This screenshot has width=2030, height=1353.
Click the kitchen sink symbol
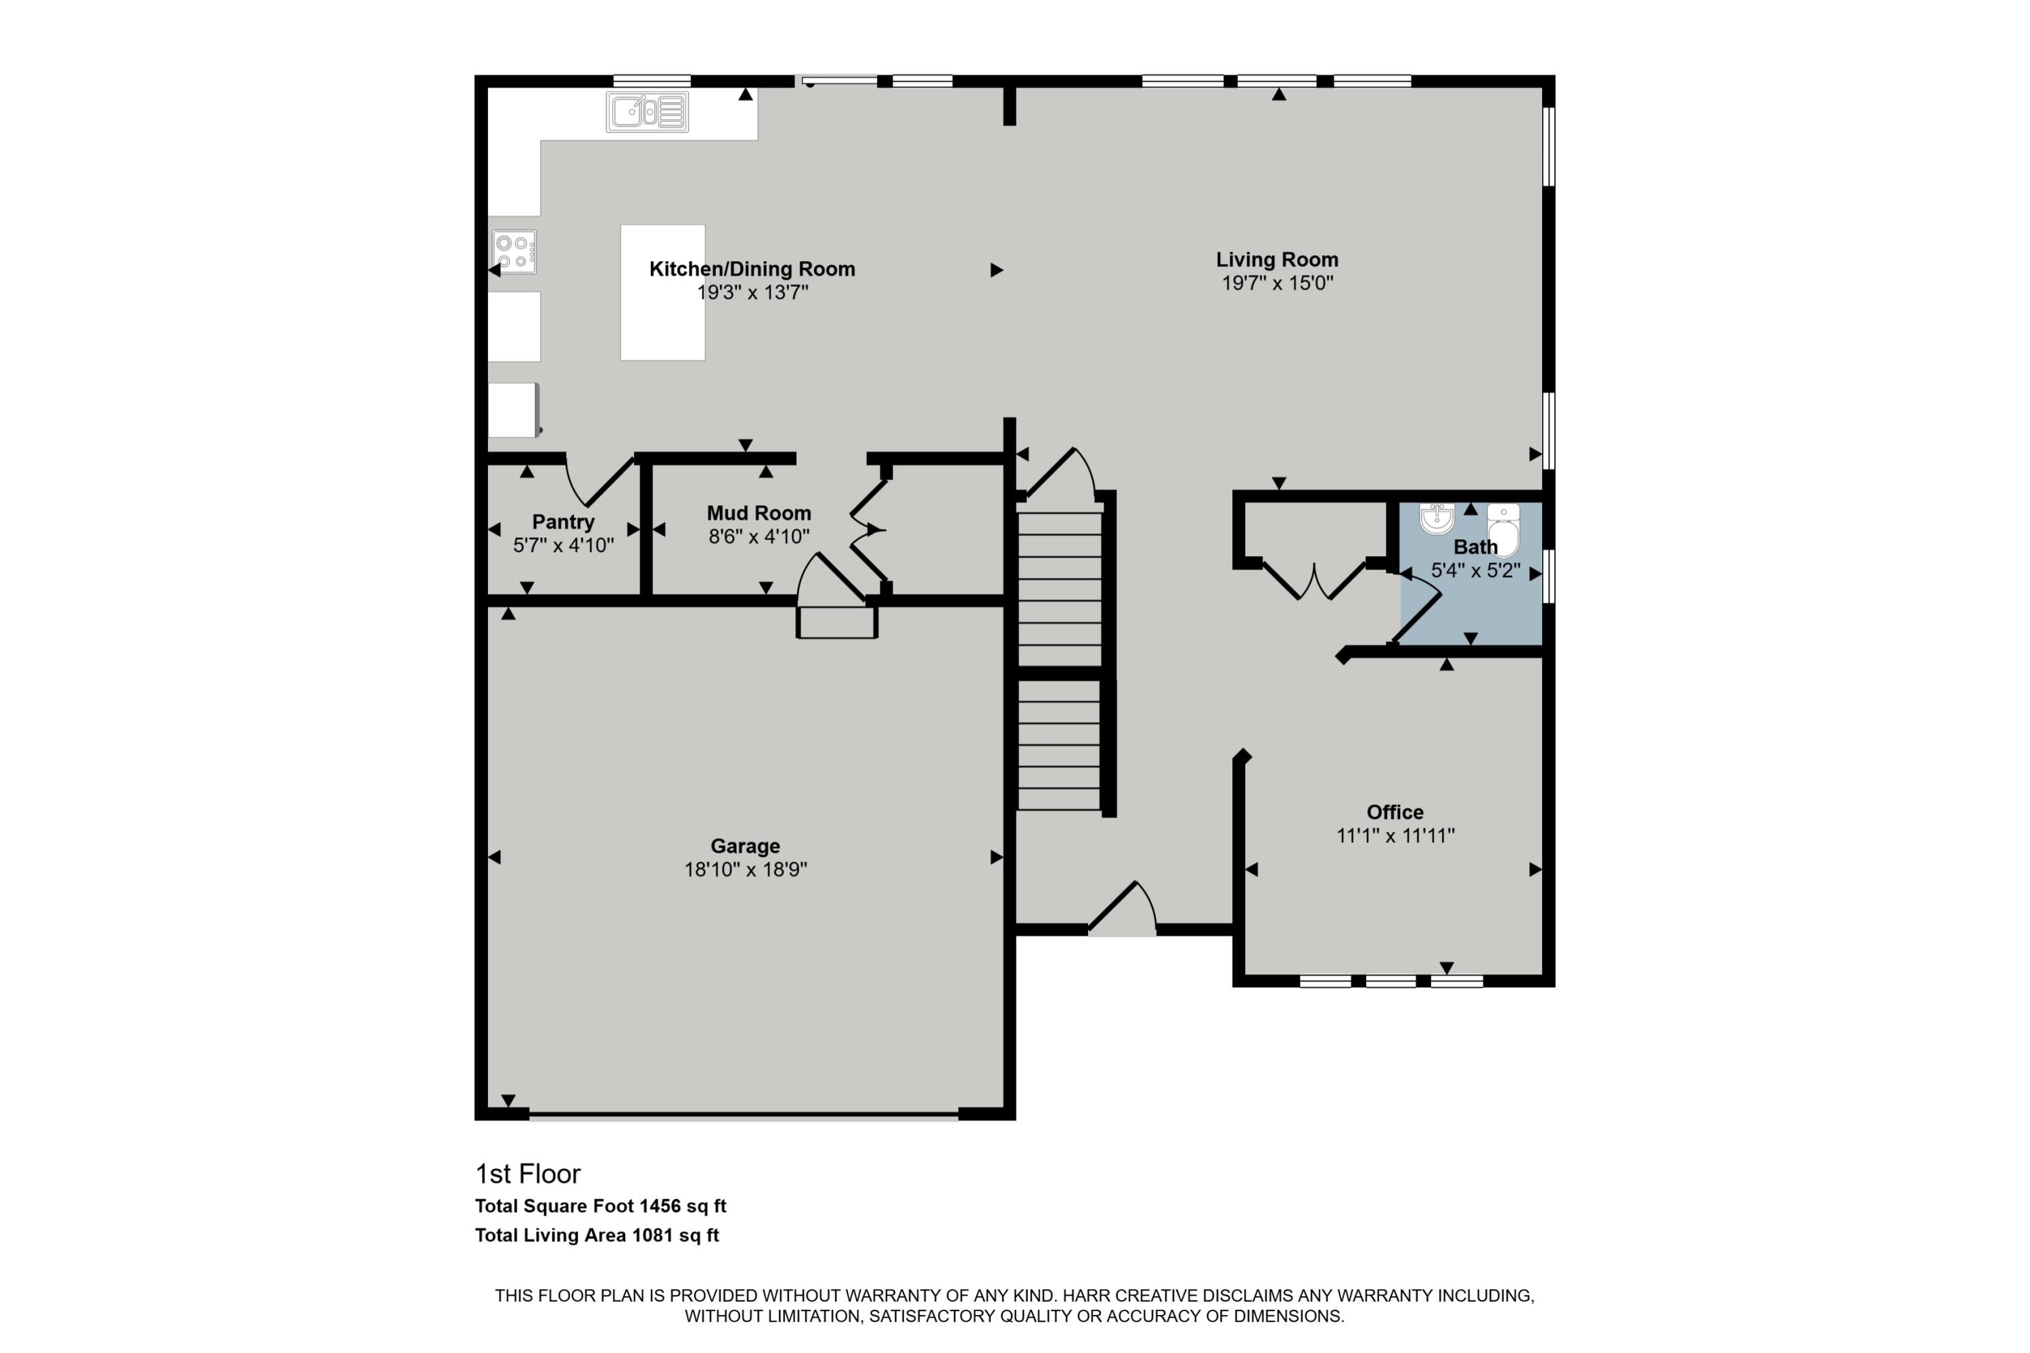click(648, 112)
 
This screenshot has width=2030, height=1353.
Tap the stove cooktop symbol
click(514, 251)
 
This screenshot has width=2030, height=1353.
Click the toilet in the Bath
click(1503, 530)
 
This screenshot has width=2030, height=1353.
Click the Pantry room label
click(563, 522)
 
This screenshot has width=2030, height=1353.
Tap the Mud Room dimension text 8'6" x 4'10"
click(759, 536)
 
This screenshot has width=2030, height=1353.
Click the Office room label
click(1395, 812)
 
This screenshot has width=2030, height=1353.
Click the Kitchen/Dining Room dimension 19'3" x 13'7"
click(752, 292)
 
